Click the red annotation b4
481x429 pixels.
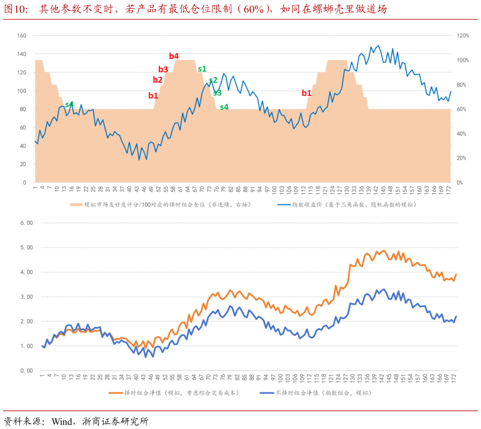click(x=174, y=56)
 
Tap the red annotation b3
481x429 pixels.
click(x=163, y=70)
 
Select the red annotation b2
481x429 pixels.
click(x=158, y=80)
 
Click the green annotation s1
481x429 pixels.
click(x=202, y=69)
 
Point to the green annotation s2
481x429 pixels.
click(x=213, y=80)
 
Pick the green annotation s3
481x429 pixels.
click(x=217, y=93)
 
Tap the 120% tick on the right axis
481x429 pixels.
click(x=462, y=35)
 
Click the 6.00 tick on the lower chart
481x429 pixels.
click(x=26, y=223)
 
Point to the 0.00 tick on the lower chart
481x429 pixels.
click(x=26, y=371)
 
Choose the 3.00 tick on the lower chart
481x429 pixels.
click(x=26, y=297)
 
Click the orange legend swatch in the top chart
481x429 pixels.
click(x=76, y=205)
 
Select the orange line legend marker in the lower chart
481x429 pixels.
click(x=115, y=393)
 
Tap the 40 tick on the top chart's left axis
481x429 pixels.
click(x=22, y=146)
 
